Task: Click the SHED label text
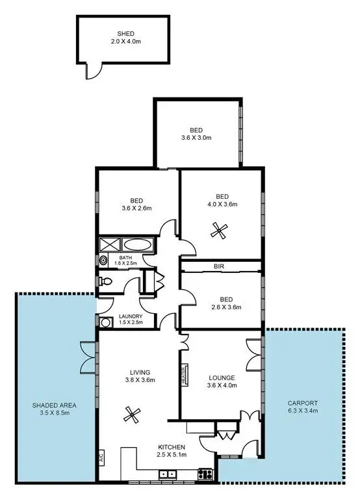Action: [x=125, y=33]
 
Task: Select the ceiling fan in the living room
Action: [x=133, y=413]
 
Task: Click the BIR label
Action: [x=220, y=266]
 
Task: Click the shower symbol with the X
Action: [x=107, y=246]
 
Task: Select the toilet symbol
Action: [x=106, y=281]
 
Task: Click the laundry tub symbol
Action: [x=106, y=320]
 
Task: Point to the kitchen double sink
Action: [x=165, y=474]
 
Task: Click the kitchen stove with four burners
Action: [x=206, y=474]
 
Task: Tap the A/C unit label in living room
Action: [x=102, y=457]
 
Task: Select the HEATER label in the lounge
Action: [x=185, y=374]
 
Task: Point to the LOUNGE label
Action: [x=222, y=377]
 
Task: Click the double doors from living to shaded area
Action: [x=89, y=357]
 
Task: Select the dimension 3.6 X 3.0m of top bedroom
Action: [x=196, y=137]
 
